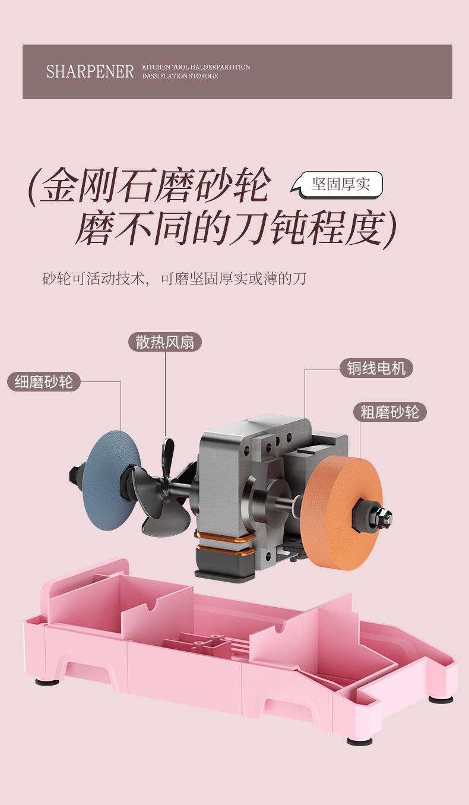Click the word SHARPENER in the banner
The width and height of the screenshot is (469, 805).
90,72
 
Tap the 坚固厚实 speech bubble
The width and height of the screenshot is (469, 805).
341,184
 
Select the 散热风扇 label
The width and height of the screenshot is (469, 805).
165,342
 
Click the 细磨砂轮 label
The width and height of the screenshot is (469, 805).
44,381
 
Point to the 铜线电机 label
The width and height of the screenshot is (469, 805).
376,368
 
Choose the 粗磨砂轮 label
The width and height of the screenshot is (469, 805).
390,412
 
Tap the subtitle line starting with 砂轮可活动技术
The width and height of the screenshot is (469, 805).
174,278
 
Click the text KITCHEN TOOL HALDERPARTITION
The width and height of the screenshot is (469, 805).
196,68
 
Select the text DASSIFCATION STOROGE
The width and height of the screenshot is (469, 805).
180,76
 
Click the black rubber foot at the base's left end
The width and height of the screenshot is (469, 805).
47,681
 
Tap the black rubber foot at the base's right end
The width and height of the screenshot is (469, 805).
441,699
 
